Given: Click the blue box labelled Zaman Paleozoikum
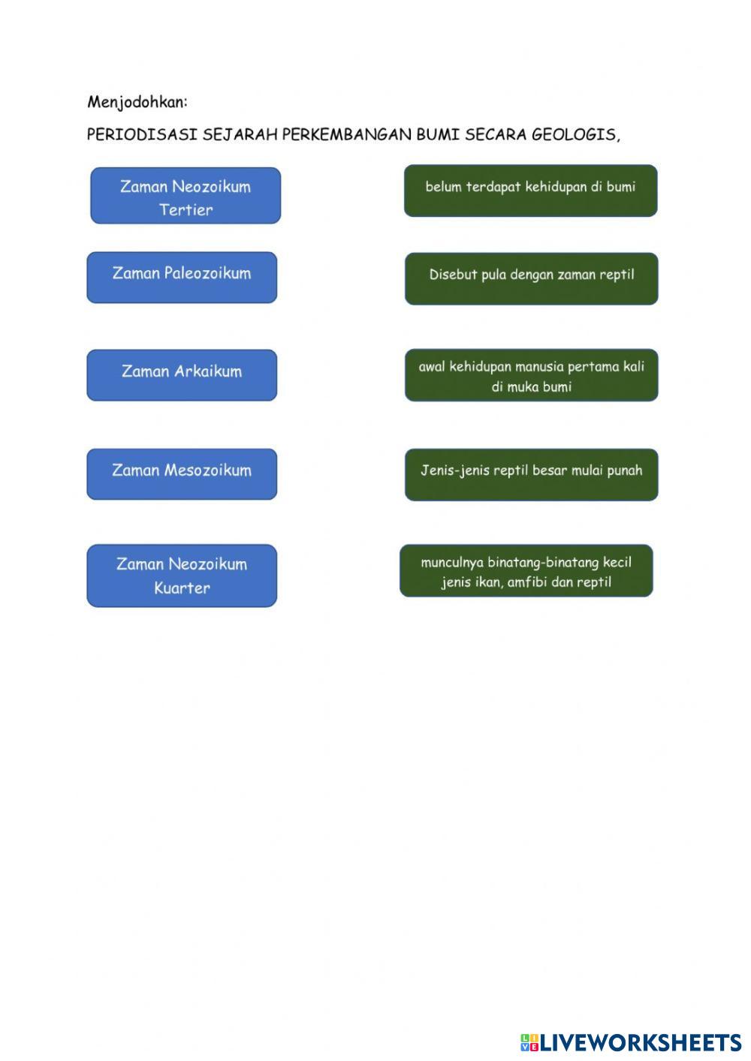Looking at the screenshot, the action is (182, 277).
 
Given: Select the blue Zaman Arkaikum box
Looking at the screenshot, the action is (182, 374).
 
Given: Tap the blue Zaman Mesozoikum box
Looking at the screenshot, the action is (182, 473).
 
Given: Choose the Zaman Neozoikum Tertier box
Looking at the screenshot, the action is (185, 195).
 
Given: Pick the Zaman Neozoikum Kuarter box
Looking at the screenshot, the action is (182, 576).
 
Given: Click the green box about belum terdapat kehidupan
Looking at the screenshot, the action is (530, 191).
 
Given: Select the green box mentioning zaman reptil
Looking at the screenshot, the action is (531, 278).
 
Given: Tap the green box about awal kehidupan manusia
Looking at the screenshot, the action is (531, 374).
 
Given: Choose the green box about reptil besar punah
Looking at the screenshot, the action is (531, 474).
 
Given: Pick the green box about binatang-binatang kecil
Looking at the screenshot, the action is (526, 571).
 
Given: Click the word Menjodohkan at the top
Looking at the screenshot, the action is (137, 102).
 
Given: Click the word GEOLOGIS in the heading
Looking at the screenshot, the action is (575, 135).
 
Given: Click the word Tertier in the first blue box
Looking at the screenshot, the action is (185, 210).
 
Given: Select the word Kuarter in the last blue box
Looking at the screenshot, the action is (182, 588).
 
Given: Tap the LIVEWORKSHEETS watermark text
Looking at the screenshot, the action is (641, 1042).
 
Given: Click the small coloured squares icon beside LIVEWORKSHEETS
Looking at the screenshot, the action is (529, 1042).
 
